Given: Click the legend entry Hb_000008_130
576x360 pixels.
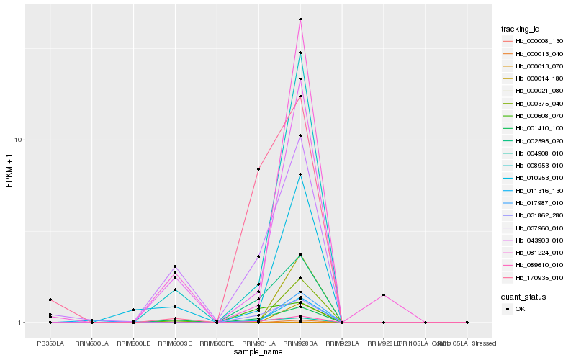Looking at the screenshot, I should pos(534,41).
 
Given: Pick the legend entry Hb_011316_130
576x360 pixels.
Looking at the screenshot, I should pos(534,191).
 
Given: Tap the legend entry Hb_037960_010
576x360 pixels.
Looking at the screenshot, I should pos(534,228).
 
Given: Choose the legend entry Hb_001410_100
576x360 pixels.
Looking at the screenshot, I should pos(534,128).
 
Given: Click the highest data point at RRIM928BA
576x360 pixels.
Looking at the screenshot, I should pos(300,19).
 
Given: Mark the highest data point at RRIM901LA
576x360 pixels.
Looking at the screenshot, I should pos(258,169).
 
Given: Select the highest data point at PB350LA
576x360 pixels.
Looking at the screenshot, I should pos(50,300).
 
